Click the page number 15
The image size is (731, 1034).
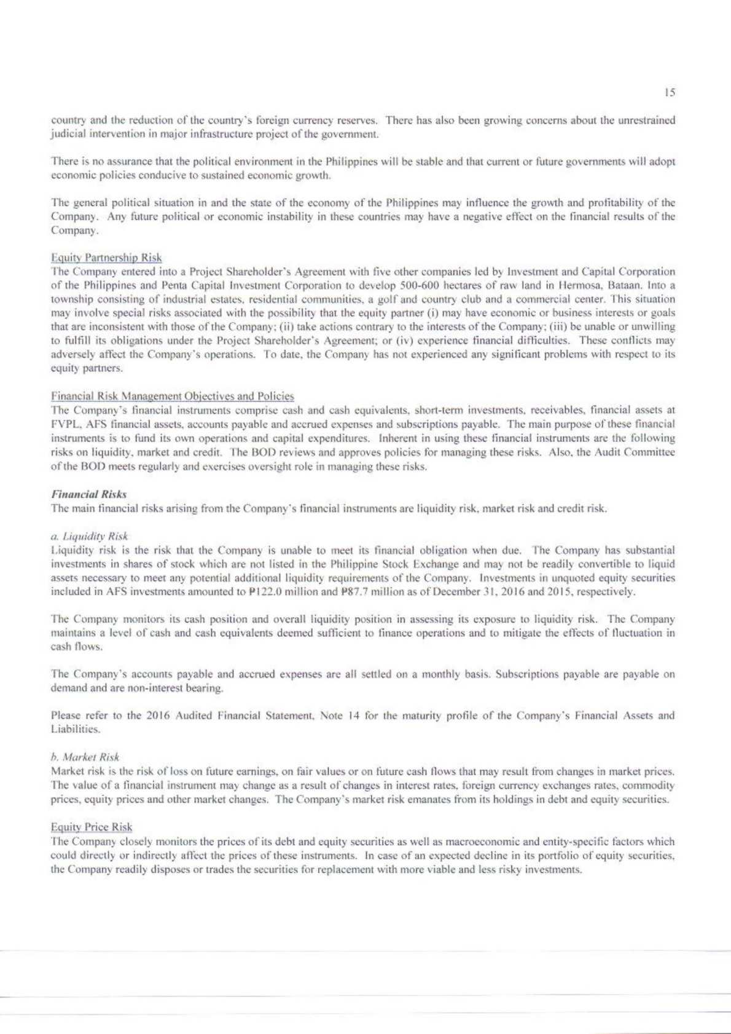pos(670,93)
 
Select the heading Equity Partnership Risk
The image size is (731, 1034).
pos(106,258)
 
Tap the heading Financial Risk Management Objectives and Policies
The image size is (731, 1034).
pos(173,397)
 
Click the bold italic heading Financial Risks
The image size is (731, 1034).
pos(89,494)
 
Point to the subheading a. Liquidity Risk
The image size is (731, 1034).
pos(90,536)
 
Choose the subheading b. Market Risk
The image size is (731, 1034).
pos(85,757)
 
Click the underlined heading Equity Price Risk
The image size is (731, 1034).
pos(92,827)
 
